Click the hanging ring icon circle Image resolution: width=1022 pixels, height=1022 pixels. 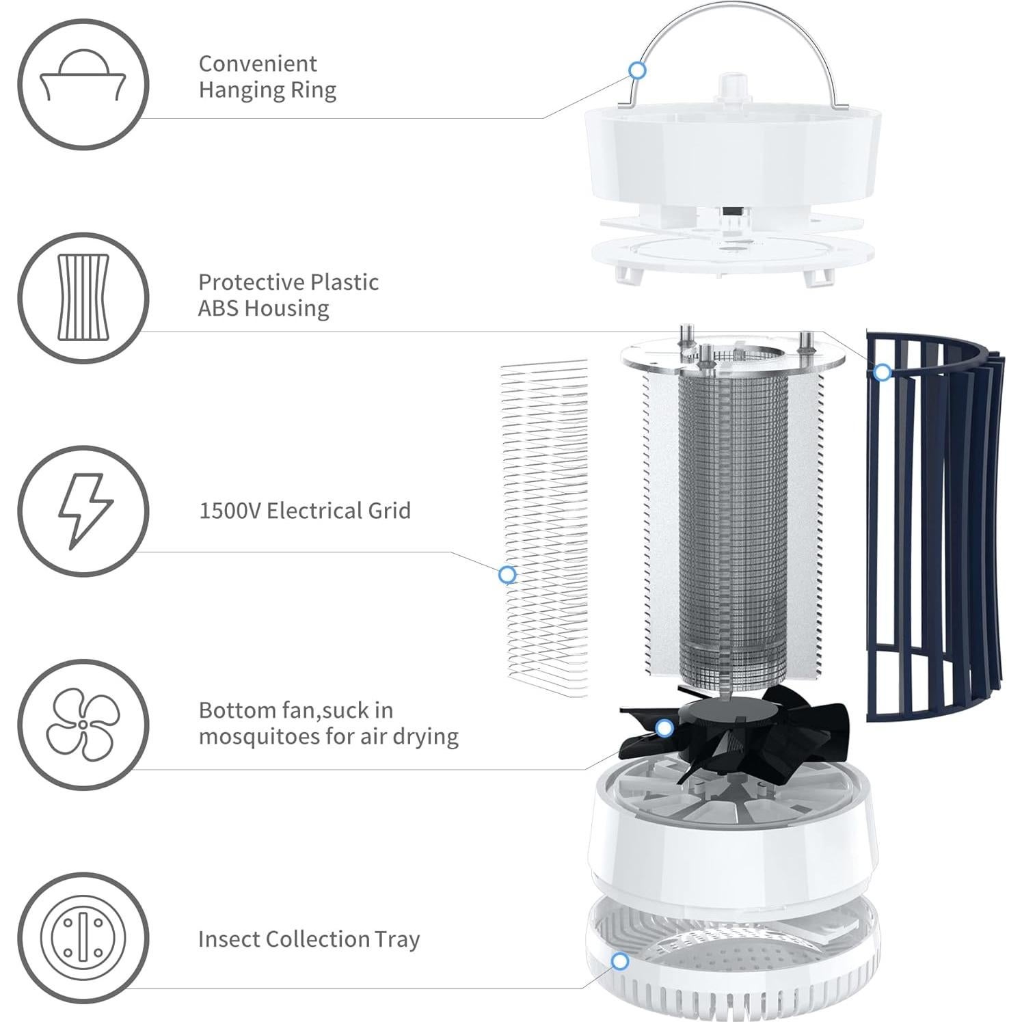[83, 85]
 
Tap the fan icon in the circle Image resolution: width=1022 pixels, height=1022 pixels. [83, 724]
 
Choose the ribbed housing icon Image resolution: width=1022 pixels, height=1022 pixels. [83, 298]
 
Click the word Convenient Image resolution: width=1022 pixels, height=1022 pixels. [258, 64]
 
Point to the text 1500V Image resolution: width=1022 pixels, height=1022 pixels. [230, 511]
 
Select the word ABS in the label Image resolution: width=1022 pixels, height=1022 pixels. [219, 308]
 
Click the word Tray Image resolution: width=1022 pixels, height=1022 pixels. [397, 940]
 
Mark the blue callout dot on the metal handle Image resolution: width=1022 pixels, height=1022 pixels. [637, 70]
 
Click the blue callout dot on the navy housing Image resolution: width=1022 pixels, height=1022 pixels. [883, 373]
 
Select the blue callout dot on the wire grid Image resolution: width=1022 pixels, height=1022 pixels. [507, 574]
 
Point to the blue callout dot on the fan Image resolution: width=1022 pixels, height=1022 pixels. [663, 728]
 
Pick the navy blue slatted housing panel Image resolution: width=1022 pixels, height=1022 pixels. [933, 526]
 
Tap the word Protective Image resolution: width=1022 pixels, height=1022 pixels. [252, 282]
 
